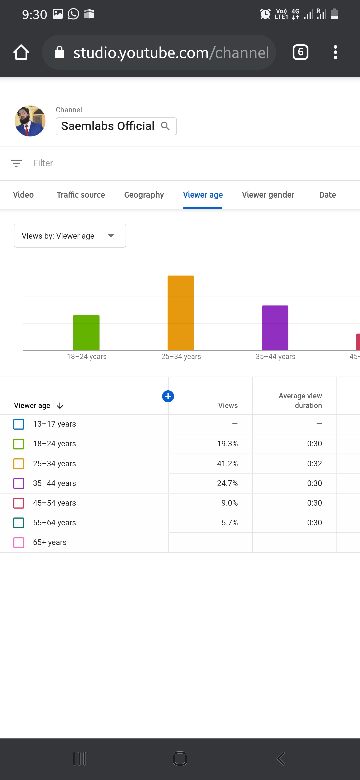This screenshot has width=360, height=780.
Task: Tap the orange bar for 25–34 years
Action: pos(181,313)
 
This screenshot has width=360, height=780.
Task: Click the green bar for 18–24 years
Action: pos(86,332)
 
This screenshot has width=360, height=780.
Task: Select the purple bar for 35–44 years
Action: pos(275,328)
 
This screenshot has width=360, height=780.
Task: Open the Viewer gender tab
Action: pos(268,195)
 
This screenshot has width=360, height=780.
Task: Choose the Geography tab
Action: pos(144,195)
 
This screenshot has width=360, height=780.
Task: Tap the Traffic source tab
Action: pos(81,195)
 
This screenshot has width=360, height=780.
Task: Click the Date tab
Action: pos(327,195)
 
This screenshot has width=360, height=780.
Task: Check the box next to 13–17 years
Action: pos(19,424)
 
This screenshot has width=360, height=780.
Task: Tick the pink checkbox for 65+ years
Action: pos(19,542)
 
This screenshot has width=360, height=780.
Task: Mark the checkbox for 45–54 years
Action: pos(19,503)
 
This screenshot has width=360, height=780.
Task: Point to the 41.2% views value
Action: pos(227,464)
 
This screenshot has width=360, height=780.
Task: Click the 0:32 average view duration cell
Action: pos(314,464)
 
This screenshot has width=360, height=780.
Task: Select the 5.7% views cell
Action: pos(229,523)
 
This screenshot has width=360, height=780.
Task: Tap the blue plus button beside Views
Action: pos(168,396)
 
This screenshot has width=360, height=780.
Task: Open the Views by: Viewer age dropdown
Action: pos(70,236)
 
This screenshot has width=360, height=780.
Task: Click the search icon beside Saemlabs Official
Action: pos(165,126)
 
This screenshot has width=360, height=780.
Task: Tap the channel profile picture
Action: pos(30,121)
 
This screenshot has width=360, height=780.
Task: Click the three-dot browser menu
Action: pos(335,52)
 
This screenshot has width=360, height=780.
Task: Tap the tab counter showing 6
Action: pos(300,52)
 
